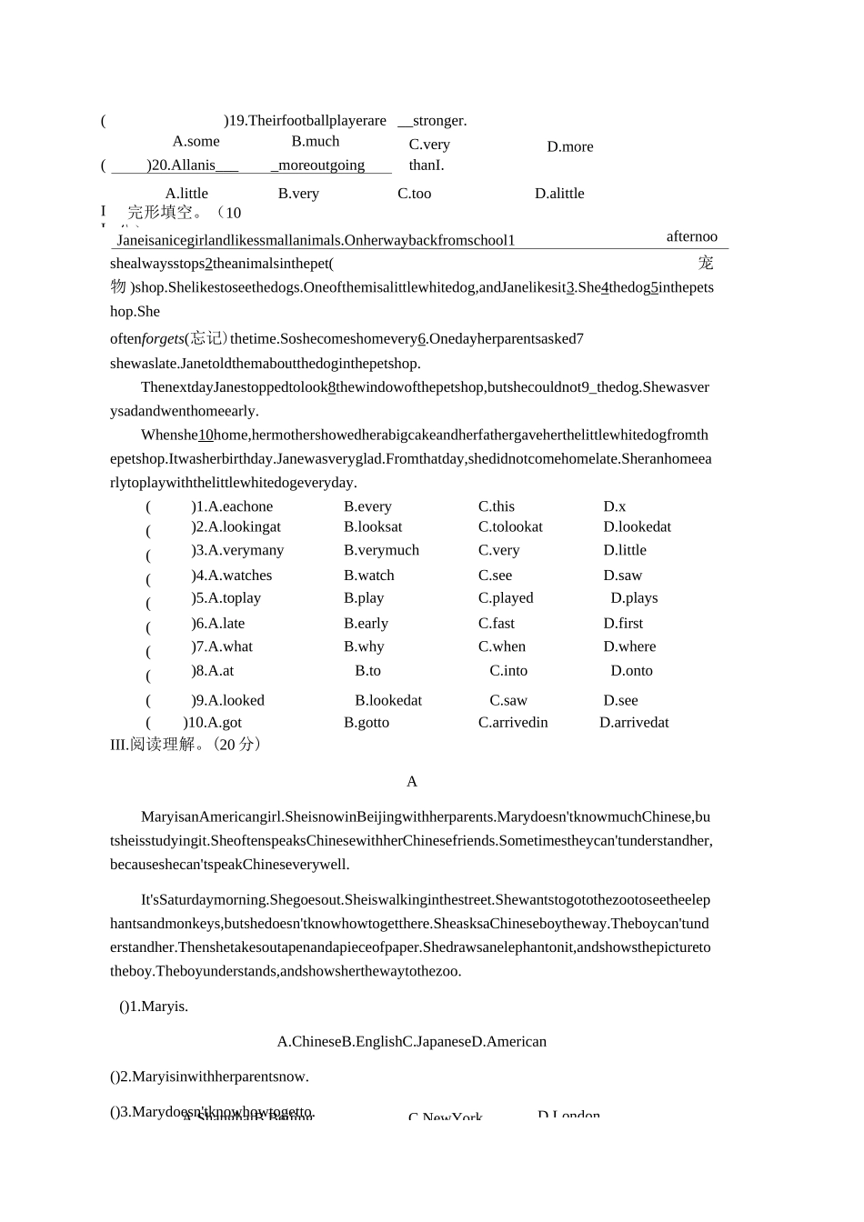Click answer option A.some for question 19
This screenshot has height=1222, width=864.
click(x=196, y=142)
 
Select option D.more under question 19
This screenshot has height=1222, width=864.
click(x=569, y=147)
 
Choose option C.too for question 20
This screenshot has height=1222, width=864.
click(x=414, y=194)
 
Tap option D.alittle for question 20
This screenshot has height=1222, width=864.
click(x=559, y=194)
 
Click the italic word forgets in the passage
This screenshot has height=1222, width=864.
click(x=163, y=339)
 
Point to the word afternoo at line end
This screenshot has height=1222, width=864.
click(x=691, y=237)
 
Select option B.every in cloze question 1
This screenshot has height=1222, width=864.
click(x=367, y=507)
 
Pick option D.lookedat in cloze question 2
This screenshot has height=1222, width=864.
click(x=637, y=527)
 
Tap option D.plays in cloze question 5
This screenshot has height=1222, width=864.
click(x=634, y=598)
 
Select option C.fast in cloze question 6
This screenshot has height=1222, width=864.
click(x=497, y=624)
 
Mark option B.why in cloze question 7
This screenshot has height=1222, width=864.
click(x=364, y=647)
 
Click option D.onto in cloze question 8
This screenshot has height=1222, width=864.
click(x=631, y=671)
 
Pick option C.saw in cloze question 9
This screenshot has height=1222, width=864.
click(x=507, y=701)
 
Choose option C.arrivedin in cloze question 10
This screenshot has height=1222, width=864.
click(x=513, y=723)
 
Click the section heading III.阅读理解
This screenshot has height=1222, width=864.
click(x=186, y=745)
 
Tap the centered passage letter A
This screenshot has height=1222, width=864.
click(x=412, y=782)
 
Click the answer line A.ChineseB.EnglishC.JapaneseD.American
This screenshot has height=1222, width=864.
click(x=411, y=1042)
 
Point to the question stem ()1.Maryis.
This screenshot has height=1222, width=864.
click(x=154, y=1007)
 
